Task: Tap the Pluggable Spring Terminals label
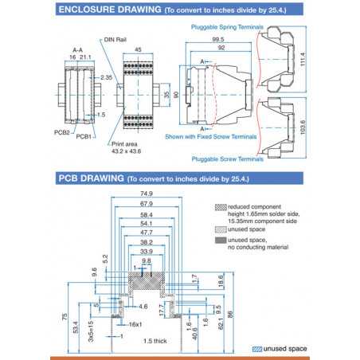click(x=230, y=27)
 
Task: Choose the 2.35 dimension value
click(x=107, y=77)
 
